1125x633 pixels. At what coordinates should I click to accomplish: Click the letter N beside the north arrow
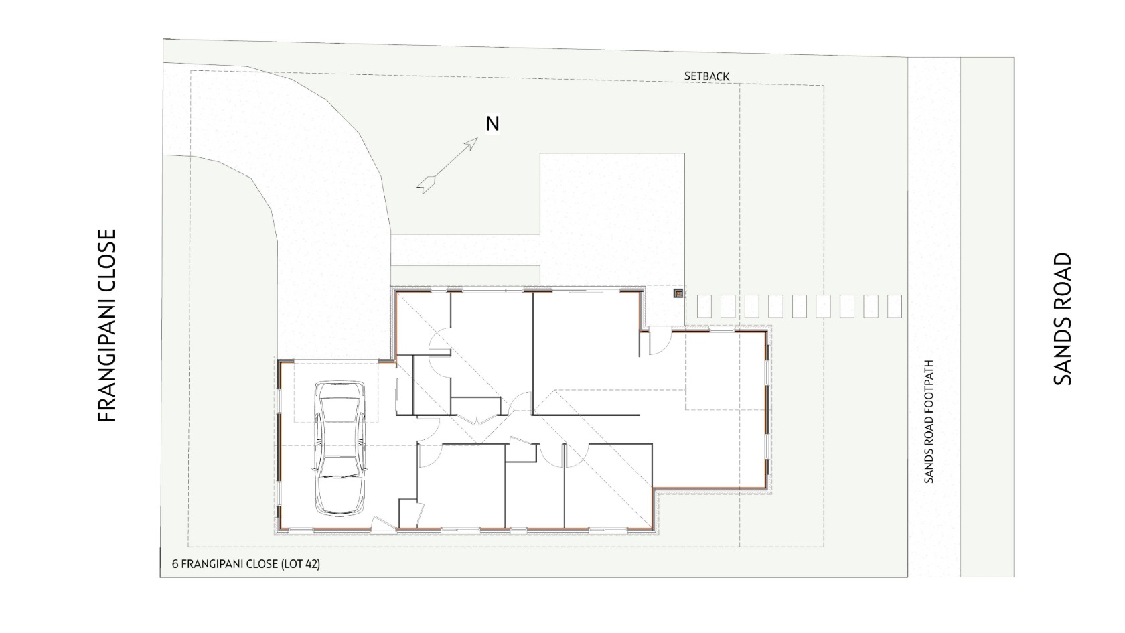point(492,123)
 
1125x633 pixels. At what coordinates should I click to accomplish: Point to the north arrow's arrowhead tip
point(477,138)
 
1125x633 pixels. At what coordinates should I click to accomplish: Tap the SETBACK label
point(706,76)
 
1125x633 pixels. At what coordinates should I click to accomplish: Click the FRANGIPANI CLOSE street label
point(106,326)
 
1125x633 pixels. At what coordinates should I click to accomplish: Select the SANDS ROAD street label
point(1062,319)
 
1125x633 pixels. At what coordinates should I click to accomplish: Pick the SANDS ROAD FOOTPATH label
point(929,421)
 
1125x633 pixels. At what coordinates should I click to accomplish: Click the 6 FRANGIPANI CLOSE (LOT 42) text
point(246,564)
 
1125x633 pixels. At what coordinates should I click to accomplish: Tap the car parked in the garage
point(340,448)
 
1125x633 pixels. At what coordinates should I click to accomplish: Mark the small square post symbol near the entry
point(678,293)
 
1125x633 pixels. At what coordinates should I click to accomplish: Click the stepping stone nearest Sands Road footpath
point(895,307)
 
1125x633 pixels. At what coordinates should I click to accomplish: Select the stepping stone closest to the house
point(704,307)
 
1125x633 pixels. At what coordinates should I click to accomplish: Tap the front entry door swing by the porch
point(660,340)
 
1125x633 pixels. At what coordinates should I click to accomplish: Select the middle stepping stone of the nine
point(800,307)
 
